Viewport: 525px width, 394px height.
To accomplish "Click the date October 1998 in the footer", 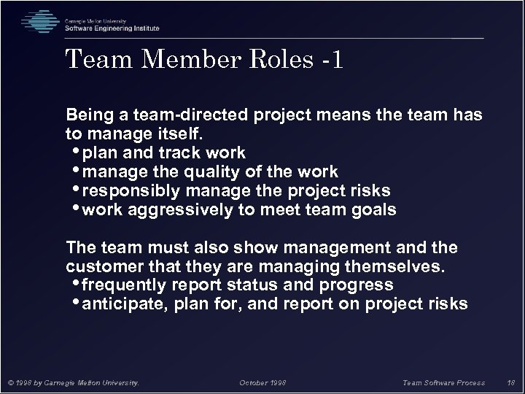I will pyautogui.click(x=262, y=381).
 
